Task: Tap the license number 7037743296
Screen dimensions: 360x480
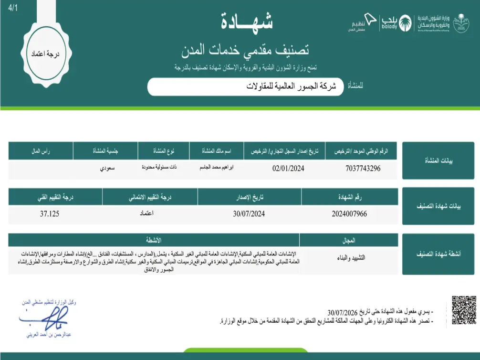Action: [x=363, y=168]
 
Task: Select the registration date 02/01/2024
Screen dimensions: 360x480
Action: [x=288, y=168]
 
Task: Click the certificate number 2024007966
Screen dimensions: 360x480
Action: [x=349, y=214]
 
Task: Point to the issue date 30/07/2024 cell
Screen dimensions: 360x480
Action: [x=249, y=214]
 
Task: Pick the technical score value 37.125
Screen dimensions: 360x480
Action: [x=50, y=214]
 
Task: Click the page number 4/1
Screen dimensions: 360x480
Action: [x=12, y=8]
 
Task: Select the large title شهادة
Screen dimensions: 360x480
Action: [x=247, y=21]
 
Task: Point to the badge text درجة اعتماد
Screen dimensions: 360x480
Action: [x=47, y=54]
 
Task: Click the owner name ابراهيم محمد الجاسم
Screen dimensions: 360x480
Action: [x=217, y=168]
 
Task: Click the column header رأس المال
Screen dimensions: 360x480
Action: [x=41, y=151]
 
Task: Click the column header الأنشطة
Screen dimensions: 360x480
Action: [x=154, y=239]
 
